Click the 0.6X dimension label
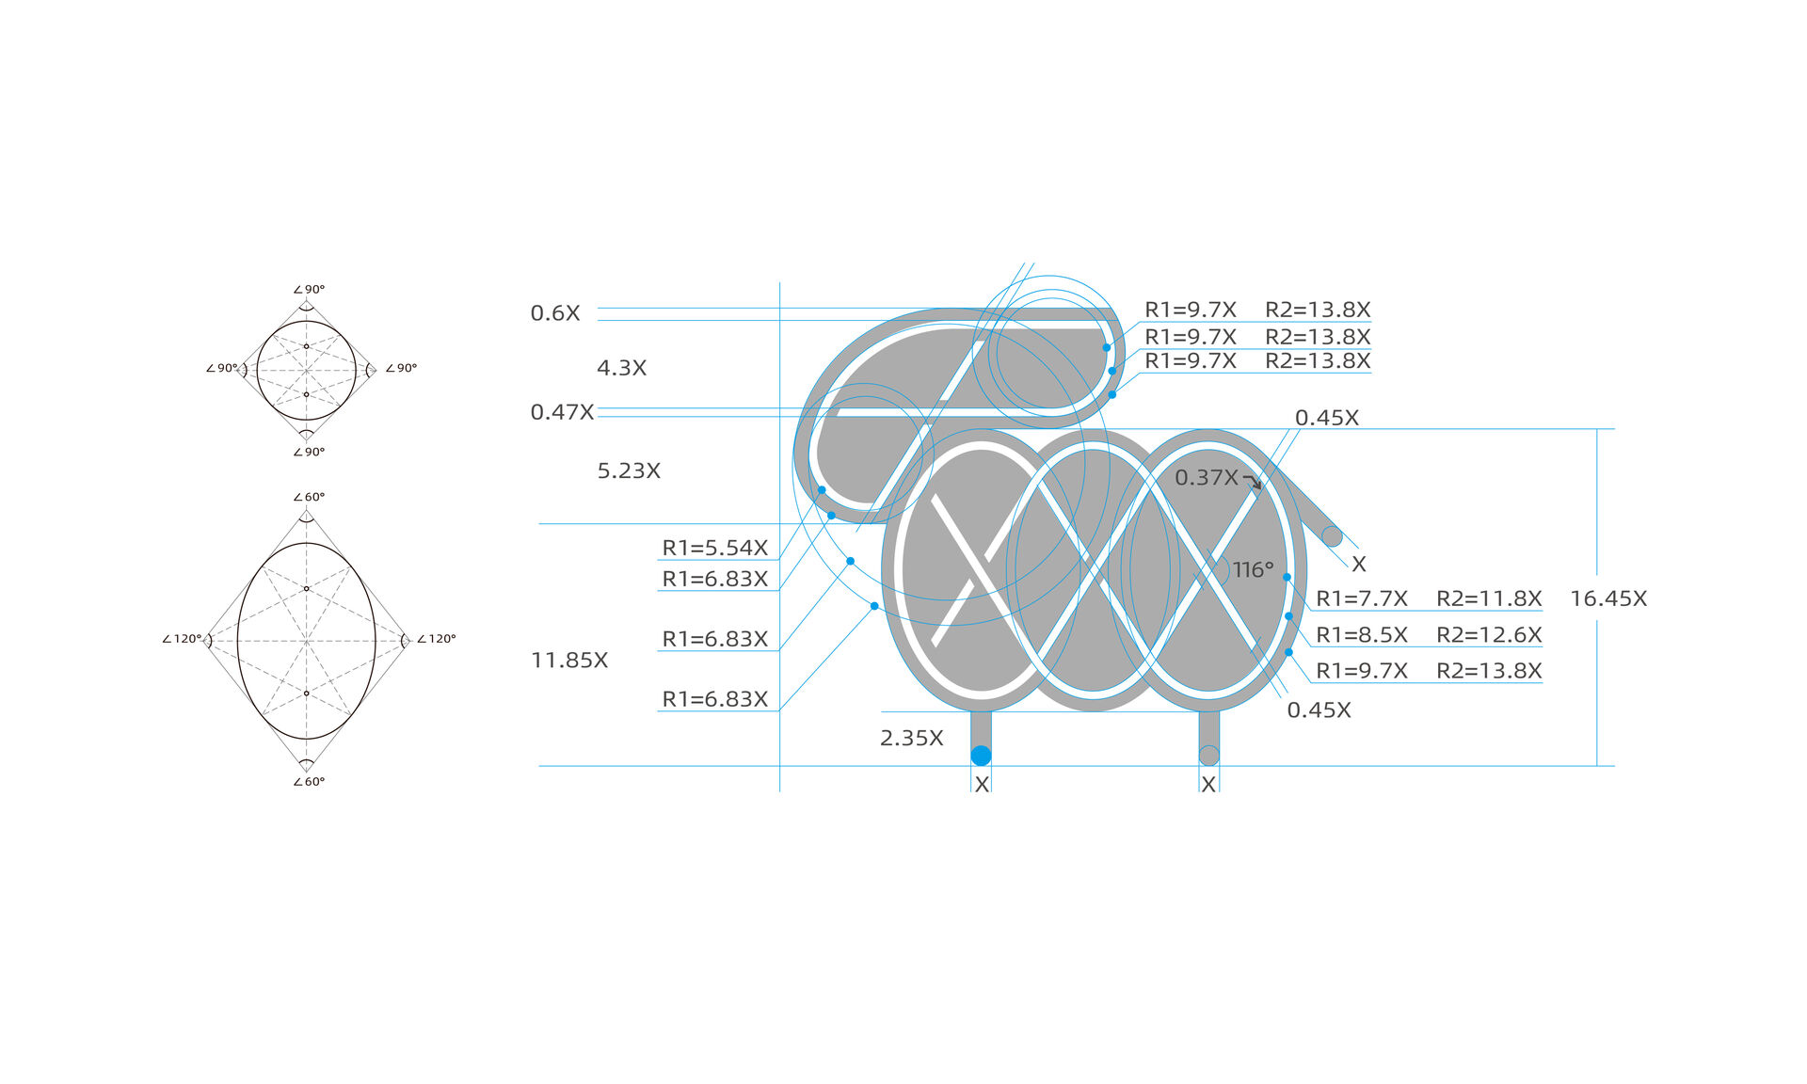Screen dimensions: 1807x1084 tap(555, 313)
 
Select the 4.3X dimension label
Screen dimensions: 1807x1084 tap(622, 368)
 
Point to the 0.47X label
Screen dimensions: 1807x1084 tap(562, 412)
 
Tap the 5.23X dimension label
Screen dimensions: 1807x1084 tap(629, 470)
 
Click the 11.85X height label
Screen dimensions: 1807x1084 tap(569, 661)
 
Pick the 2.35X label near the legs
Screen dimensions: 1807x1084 tap(912, 739)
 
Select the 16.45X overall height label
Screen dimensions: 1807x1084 tap(1608, 598)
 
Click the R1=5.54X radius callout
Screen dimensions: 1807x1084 tap(715, 548)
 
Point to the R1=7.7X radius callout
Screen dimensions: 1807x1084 tap(1362, 598)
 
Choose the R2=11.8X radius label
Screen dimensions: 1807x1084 tap(1489, 598)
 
